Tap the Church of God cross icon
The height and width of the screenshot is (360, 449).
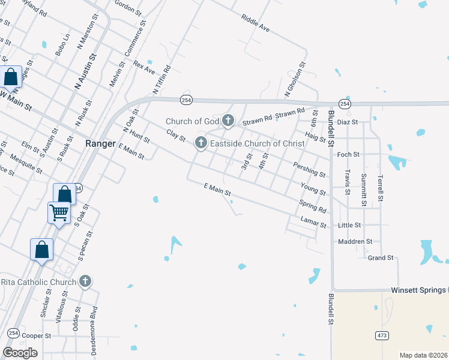pyautogui.click(x=228, y=121)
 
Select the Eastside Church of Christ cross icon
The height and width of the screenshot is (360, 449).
pyautogui.click(x=201, y=143)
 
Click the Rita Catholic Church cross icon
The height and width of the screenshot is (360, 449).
pyautogui.click(x=85, y=281)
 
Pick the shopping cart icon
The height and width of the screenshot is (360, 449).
pyautogui.click(x=59, y=212)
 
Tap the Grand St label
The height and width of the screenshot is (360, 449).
pyautogui.click(x=381, y=258)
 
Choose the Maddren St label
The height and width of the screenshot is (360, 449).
pyautogui.click(x=355, y=241)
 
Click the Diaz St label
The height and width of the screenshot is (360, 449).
pyautogui.click(x=347, y=122)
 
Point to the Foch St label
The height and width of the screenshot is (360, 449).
pyautogui.click(x=348, y=154)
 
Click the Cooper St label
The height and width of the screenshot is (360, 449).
pyautogui.click(x=37, y=336)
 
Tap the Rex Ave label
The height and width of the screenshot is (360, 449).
pyautogui.click(x=144, y=67)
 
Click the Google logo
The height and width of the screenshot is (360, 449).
pyautogui.click(x=20, y=353)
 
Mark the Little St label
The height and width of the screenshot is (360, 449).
pyautogui.click(x=349, y=225)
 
